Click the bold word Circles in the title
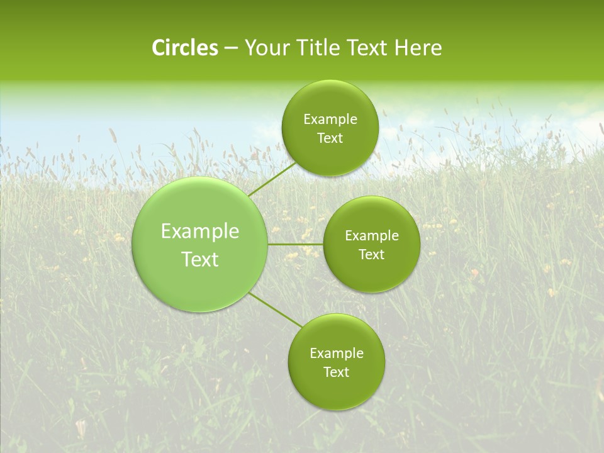click(185, 48)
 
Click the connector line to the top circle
click(272, 179)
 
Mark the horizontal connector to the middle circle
click(296, 244)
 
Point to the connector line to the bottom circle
click(276, 310)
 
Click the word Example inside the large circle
click(200, 232)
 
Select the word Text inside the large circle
click(200, 259)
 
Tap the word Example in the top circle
click(330, 120)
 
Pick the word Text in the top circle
click(330, 138)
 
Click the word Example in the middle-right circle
click(372, 236)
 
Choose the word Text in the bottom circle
click(336, 372)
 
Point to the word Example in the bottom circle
click(337, 353)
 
